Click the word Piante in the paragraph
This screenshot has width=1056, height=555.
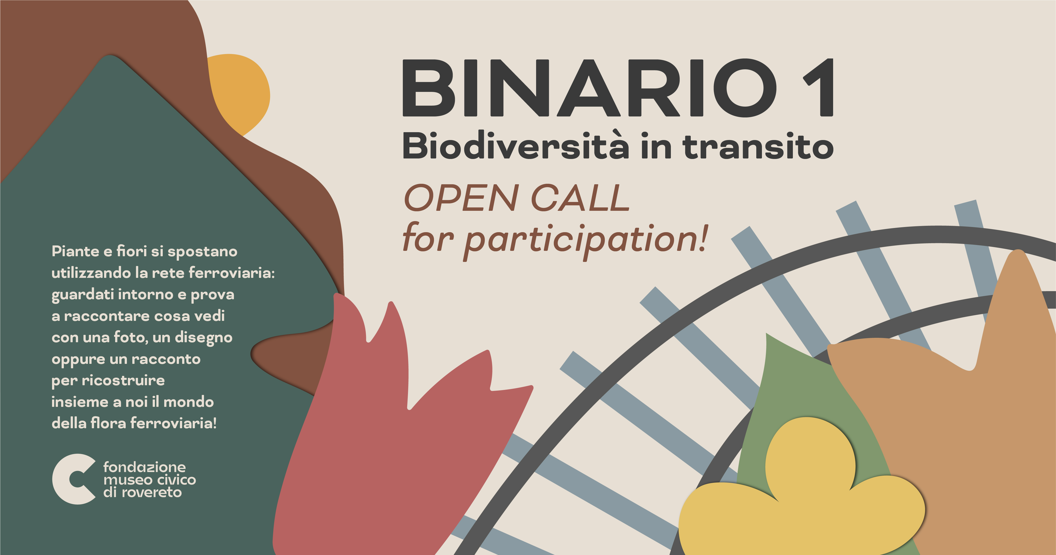tap(75, 251)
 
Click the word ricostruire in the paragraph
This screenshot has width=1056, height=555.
tap(123, 381)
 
